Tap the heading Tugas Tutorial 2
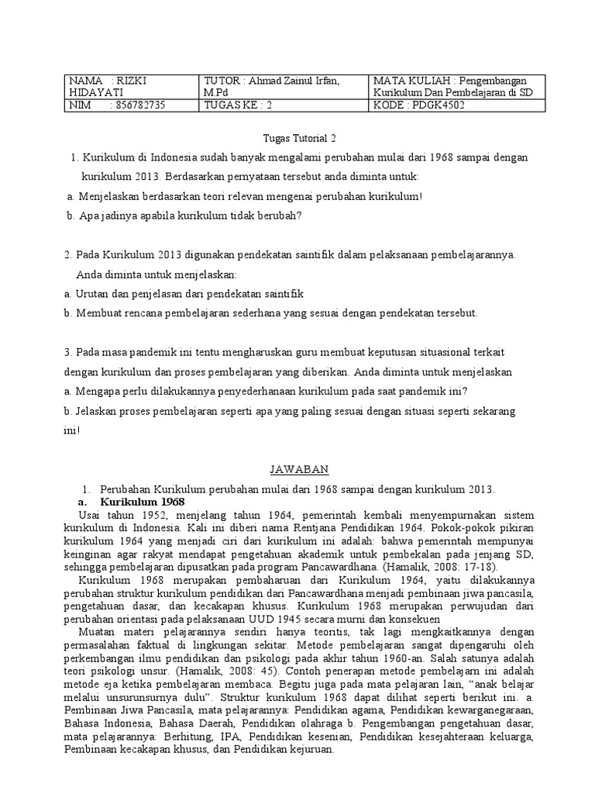click(297, 138)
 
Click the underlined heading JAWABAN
click(299, 470)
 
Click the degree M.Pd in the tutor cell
click(215, 93)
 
